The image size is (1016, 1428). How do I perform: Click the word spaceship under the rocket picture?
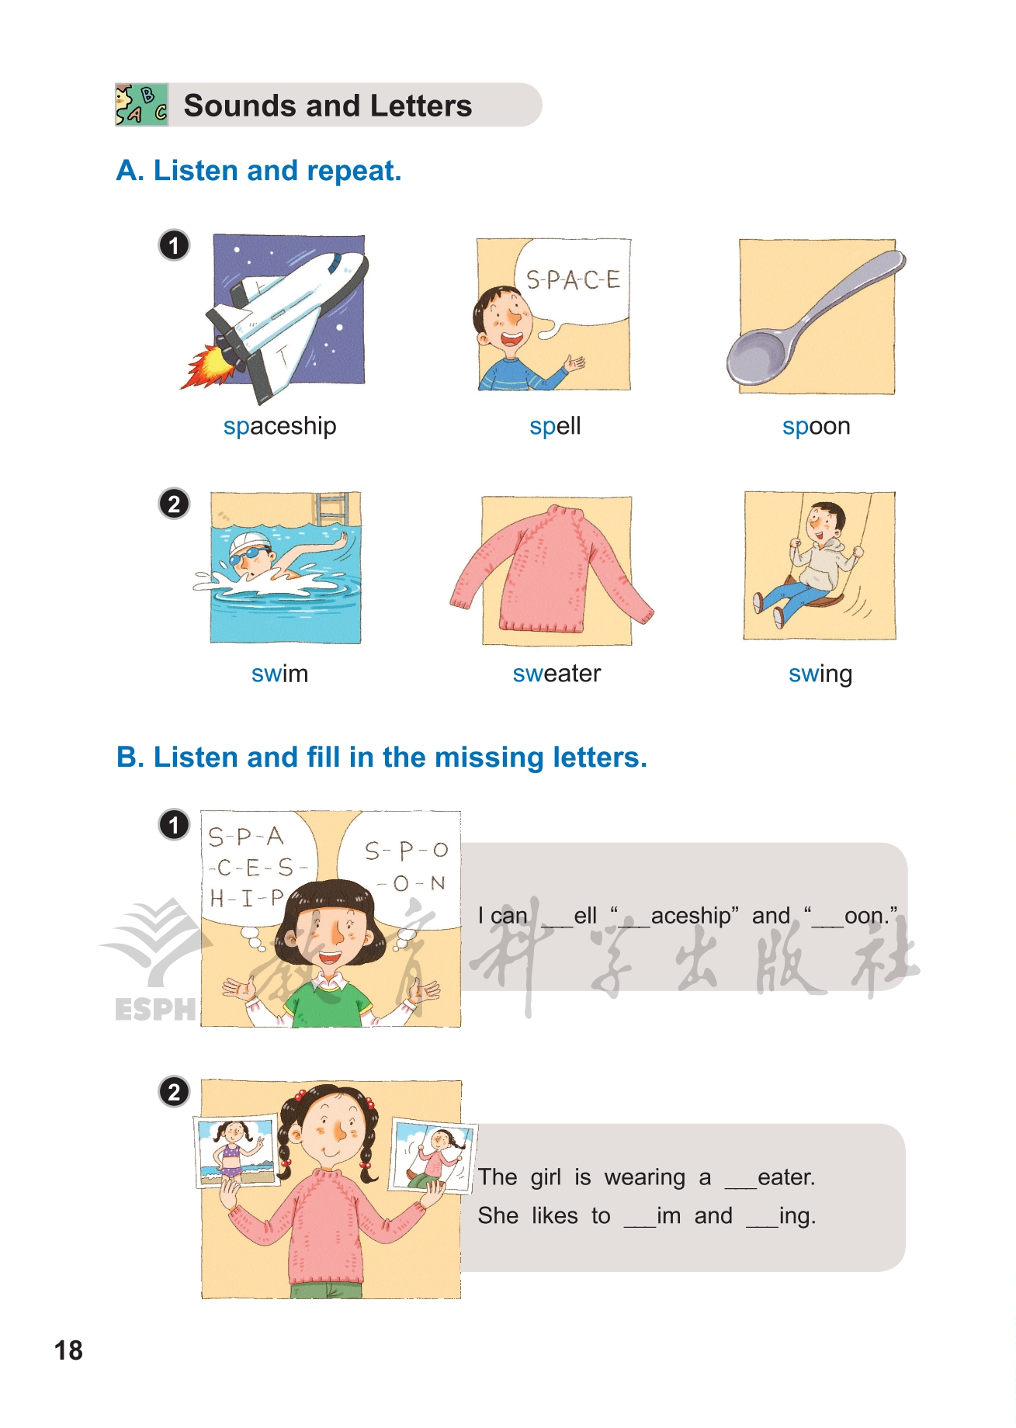pos(279,427)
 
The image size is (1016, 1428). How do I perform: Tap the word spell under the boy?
pos(555,427)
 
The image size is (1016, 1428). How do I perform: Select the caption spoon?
pos(817,427)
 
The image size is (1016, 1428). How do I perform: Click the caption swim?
pos(279,674)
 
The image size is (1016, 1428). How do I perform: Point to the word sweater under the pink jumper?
pos(557,674)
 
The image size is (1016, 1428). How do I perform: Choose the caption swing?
pos(820,674)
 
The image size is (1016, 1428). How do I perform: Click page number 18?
pos(68,1350)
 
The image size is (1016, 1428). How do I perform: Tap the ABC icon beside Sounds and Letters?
pos(141,105)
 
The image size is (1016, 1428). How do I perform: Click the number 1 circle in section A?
pos(174,245)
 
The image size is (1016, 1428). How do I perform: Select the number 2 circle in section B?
pos(174,1092)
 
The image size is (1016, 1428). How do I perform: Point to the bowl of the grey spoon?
pos(759,359)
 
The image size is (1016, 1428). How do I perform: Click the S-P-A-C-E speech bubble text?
pos(574,279)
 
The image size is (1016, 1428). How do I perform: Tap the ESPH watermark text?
pos(155,1009)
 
